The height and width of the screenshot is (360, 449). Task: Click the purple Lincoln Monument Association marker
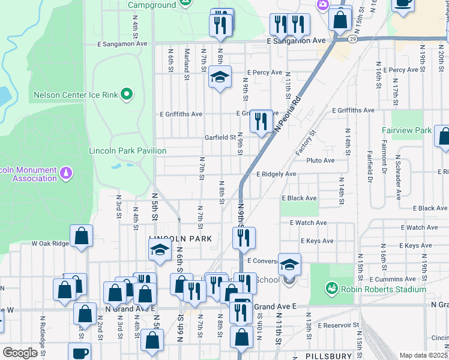[x=67, y=173]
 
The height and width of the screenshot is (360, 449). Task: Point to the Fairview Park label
[x=406, y=130]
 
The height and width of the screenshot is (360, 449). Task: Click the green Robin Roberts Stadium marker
[x=331, y=289]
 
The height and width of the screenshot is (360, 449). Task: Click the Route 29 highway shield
[x=353, y=39]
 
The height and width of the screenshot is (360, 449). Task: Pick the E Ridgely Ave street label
[x=276, y=174]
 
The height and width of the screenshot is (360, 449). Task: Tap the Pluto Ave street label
[x=321, y=161]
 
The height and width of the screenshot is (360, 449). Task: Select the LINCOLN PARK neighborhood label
[x=181, y=239]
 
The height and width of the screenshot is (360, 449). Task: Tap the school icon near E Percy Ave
[x=220, y=77]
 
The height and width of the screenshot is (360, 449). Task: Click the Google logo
[x=20, y=353]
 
